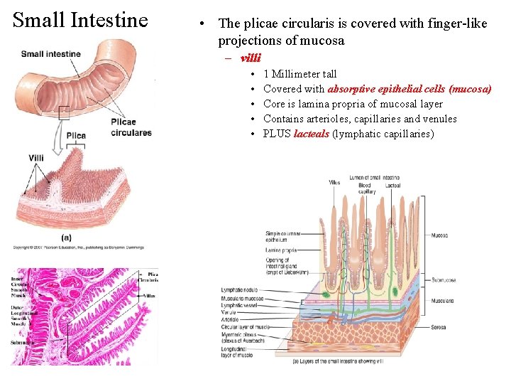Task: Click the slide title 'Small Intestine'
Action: point(81,19)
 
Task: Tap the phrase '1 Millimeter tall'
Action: point(300,74)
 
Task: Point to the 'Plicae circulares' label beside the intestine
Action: point(131,127)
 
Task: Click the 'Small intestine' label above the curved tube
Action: point(50,54)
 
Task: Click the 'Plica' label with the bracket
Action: point(76,135)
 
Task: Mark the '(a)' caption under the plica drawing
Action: point(66,236)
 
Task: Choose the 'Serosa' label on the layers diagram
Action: point(438,328)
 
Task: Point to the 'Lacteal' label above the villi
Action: point(392,186)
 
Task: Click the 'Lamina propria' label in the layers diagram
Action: point(282,250)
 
